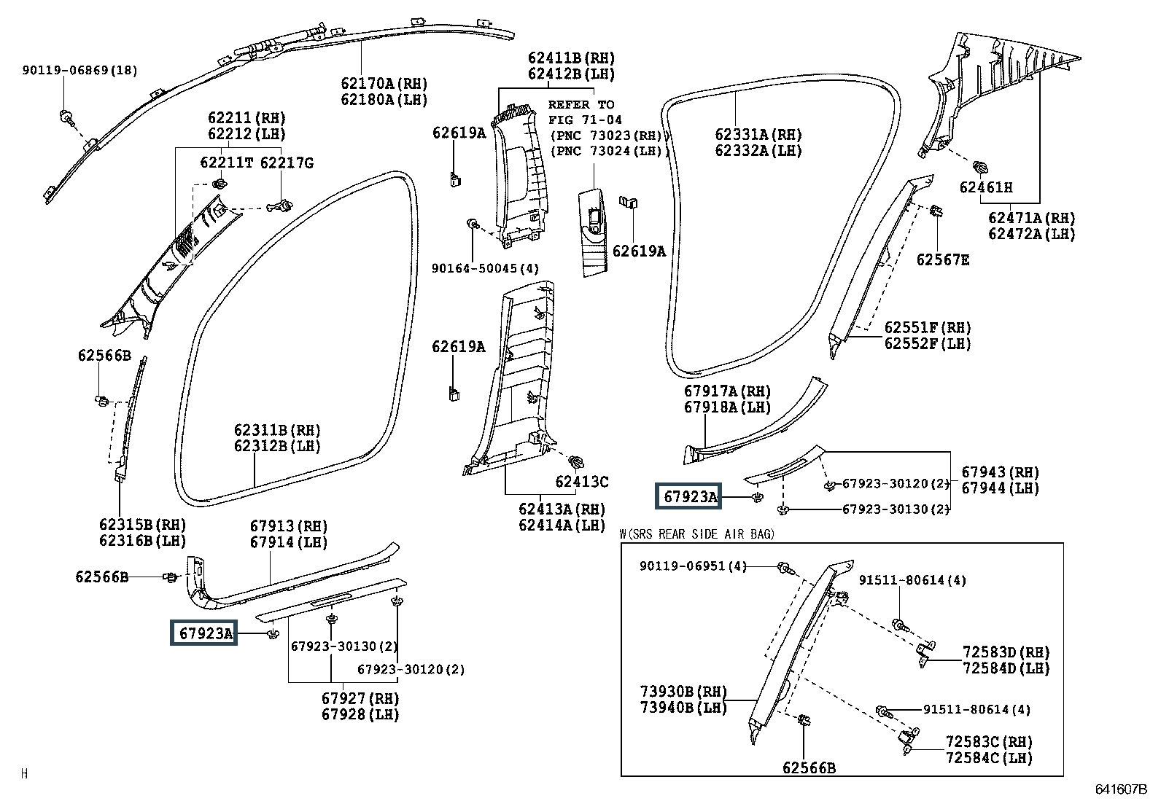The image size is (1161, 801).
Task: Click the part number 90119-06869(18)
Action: tap(79, 70)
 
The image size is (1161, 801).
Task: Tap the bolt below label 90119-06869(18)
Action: tap(67, 117)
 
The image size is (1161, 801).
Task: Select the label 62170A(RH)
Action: tap(384, 83)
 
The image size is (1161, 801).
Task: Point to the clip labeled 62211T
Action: tap(221, 183)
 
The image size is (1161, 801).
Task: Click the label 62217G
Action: tap(287, 163)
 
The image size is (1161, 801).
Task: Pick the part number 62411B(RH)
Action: tap(571, 58)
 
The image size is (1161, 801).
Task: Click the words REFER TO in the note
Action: tap(581, 104)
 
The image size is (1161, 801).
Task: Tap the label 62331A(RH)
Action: tap(758, 135)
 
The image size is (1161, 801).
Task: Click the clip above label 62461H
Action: tap(979, 167)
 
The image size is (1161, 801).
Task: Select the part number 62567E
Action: tap(942, 259)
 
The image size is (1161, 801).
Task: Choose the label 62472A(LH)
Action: tap(1031, 234)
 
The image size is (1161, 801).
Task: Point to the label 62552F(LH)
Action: tap(927, 343)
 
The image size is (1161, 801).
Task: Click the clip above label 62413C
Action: tap(576, 461)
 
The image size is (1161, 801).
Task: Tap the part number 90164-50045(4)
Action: tap(485, 268)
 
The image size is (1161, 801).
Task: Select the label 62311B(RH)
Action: tap(277, 430)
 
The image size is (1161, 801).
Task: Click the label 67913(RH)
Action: tap(289, 526)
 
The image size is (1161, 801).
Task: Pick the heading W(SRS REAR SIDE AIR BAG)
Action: tap(696, 534)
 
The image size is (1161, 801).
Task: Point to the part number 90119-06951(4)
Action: tap(693, 566)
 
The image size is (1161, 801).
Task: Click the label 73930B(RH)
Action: tap(683, 691)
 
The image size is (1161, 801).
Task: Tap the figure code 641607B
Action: tap(1121, 789)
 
